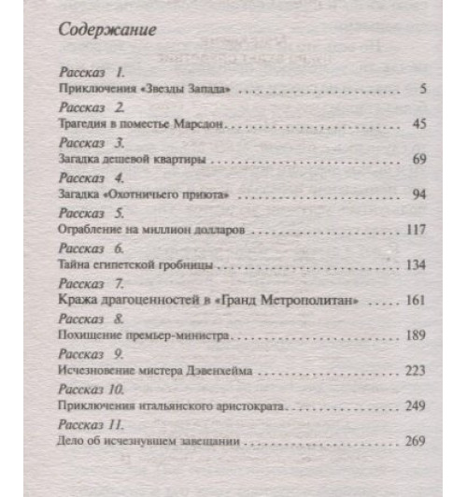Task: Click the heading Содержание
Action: [107, 29]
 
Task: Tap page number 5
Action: [423, 89]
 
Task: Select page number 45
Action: [419, 122]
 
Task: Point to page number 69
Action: [419, 160]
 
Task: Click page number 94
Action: [419, 195]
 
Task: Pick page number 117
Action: [417, 230]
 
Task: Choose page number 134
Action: [417, 265]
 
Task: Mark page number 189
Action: [417, 336]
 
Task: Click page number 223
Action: [417, 372]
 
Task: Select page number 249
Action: [417, 407]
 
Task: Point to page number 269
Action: [417, 442]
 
